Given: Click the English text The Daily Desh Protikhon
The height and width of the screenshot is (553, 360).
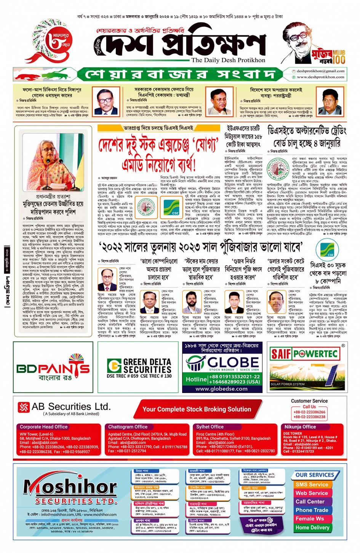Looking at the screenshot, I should click(228, 60).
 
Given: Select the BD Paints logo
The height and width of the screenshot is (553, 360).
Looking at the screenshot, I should click(53, 368).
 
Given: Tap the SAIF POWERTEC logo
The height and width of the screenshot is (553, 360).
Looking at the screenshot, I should click(305, 354).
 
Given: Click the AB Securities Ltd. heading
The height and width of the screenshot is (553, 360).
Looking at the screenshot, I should click(70, 407).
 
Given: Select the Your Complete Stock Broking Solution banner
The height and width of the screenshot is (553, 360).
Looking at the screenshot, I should click(197, 409).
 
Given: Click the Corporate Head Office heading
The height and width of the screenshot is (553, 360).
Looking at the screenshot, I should click(43, 427).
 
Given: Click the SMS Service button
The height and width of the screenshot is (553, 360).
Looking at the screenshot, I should click(312, 484).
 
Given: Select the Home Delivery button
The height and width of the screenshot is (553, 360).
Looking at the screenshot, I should click(312, 527).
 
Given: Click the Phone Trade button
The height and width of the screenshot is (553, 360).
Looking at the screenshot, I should click(312, 510).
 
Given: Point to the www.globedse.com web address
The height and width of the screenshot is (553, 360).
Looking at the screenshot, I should click(221, 389).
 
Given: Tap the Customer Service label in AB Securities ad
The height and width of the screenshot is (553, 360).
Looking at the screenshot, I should click(309, 401).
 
